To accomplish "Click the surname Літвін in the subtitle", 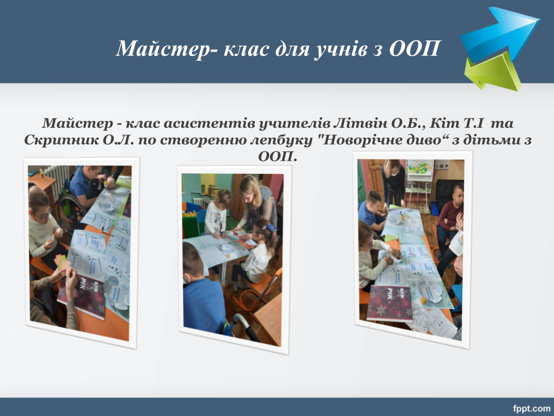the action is click(361, 123).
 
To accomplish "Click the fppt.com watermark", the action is click(531, 408).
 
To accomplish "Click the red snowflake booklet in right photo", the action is click(390, 303).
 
